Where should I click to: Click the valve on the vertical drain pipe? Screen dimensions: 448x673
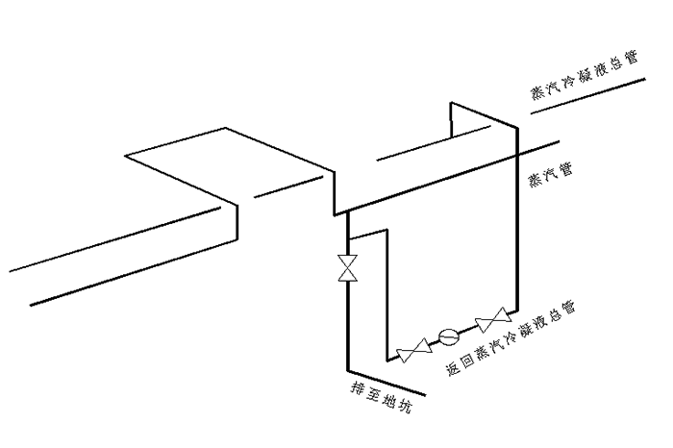347,267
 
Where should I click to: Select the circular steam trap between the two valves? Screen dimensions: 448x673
448,336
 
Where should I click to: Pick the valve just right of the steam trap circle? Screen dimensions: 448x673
496,316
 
